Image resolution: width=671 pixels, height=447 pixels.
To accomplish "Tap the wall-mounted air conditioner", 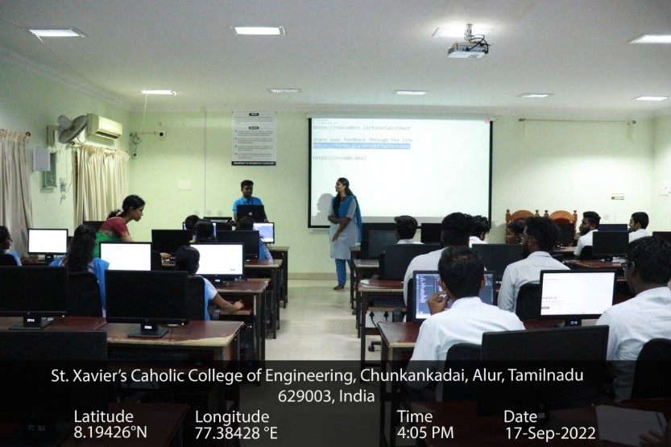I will point(104,126).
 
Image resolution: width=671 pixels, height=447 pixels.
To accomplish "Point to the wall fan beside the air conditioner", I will point(72,129).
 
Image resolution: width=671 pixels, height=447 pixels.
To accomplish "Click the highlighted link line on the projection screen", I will point(361,146).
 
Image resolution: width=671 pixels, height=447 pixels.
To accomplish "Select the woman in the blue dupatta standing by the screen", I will point(345,230).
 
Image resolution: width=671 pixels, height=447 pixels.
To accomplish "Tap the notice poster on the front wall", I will point(253,139).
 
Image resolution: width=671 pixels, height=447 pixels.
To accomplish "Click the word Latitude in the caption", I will point(103,416).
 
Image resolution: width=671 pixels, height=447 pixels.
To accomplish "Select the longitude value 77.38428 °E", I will point(236,433).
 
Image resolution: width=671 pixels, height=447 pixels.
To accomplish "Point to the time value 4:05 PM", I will point(425,433).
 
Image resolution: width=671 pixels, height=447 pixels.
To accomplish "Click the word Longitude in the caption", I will point(232,416).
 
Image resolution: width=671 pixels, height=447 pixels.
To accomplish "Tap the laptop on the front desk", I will point(251,213).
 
